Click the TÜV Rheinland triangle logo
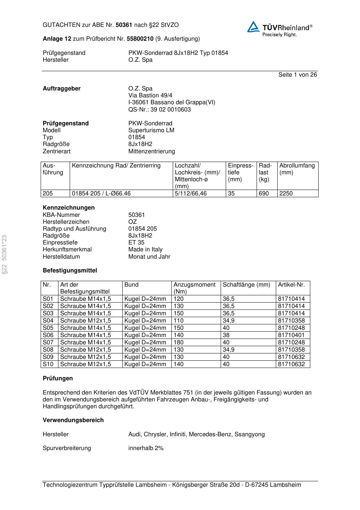pyautogui.click(x=253, y=27)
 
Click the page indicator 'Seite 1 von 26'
pyautogui.click(x=297, y=75)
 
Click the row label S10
pyautogui.click(x=48, y=364)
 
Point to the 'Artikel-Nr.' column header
pyautogui.click(x=291, y=285)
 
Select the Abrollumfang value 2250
pyautogui.click(x=286, y=194)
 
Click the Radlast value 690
pyautogui.click(x=264, y=194)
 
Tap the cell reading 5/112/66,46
pyautogui.click(x=191, y=194)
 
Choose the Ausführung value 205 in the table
pyautogui.click(x=48, y=194)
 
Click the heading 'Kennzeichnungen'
pyautogui.click(x=69, y=208)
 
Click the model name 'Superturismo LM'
pyautogui.click(x=151, y=130)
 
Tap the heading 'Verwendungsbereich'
pyautogui.click(x=73, y=420)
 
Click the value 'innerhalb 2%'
pyautogui.click(x=146, y=448)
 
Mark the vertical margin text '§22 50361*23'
pyautogui.click(x=4, y=255)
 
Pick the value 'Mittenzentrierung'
pyautogui.click(x=151, y=151)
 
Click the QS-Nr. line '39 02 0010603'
pyautogui.click(x=159, y=110)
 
